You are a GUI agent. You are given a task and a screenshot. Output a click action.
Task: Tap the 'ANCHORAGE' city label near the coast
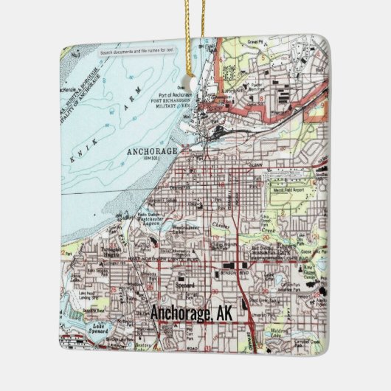tap(153, 151)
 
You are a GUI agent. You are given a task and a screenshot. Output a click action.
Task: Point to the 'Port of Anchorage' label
tap(175, 95)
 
